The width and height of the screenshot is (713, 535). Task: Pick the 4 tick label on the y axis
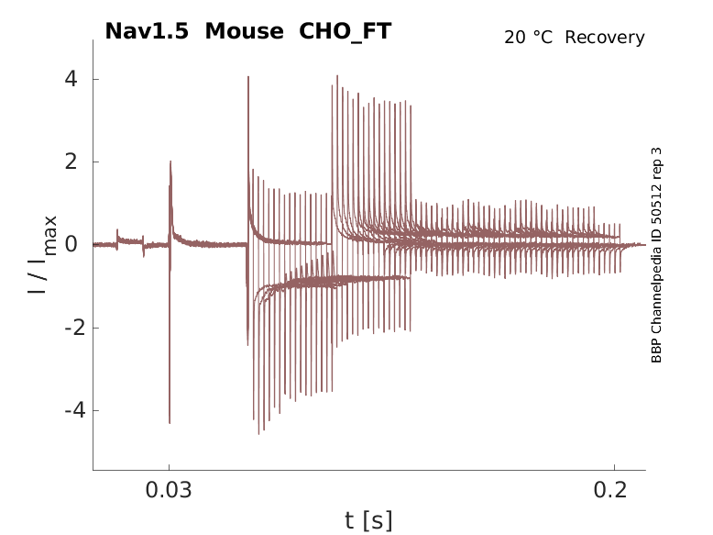[71, 79]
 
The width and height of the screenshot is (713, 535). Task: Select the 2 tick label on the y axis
[71, 162]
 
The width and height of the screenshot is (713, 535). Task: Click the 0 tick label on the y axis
[71, 244]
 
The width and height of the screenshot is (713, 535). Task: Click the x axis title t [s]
[368, 520]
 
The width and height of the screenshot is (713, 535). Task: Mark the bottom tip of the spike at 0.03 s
[170, 422]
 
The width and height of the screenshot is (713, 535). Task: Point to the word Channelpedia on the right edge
[656, 281]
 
